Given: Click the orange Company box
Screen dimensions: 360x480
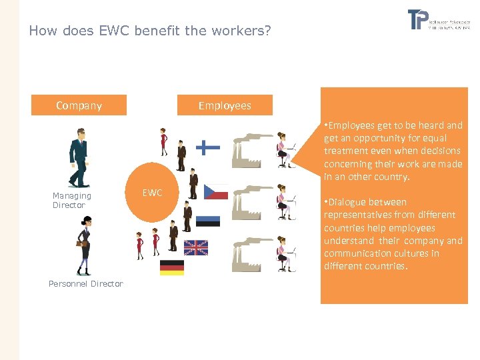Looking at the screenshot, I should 79,105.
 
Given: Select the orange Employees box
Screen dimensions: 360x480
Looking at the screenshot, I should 225,105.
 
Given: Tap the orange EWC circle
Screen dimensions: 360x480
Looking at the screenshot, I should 153,193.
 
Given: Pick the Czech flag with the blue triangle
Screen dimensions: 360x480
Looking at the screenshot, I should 215,192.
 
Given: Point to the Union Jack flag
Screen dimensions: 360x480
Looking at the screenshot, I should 196,247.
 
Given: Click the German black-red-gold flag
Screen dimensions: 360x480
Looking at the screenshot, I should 171,268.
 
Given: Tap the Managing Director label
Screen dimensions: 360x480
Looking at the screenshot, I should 71,200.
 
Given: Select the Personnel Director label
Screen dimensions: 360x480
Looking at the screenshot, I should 86,284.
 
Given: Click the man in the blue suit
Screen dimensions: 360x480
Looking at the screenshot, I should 79,158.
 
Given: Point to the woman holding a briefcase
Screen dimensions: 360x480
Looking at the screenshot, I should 84,245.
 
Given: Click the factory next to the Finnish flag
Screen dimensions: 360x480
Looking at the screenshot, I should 251,151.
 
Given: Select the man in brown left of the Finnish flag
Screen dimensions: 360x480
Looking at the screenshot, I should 181,155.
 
